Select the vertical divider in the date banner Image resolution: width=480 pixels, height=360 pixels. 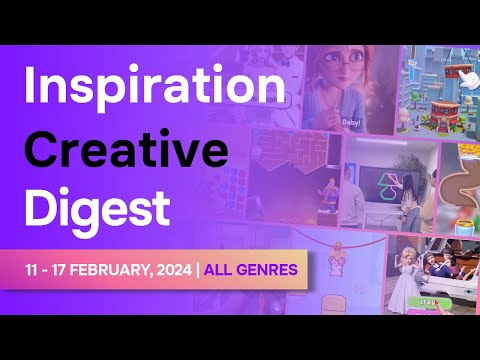click(x=198, y=270)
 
